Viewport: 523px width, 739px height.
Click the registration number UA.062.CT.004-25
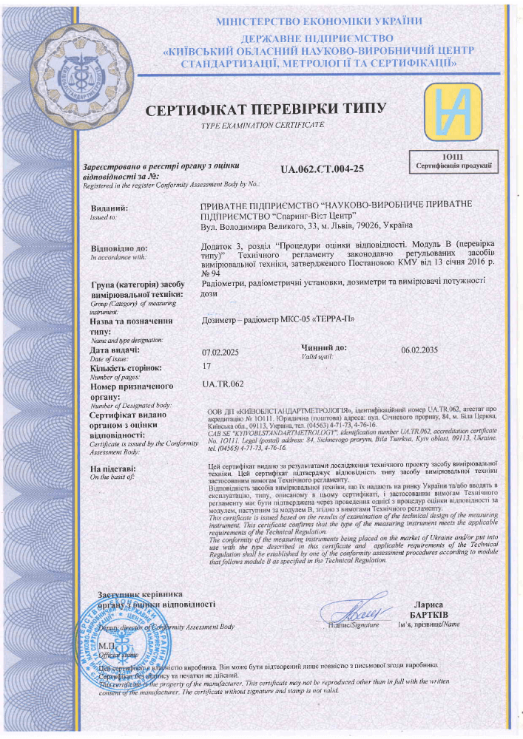[322, 168]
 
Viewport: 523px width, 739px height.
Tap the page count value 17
[206, 367]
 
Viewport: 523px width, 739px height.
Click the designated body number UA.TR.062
[223, 384]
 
